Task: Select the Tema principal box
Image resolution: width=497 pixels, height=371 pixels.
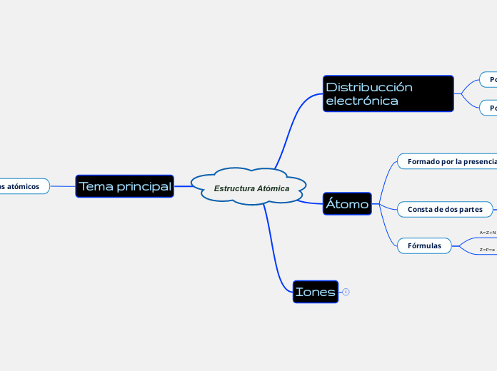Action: (125, 186)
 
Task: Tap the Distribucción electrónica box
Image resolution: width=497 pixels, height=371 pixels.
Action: (388, 93)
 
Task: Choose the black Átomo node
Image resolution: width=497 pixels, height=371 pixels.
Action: (347, 204)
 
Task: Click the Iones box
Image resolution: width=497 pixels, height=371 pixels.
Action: (315, 291)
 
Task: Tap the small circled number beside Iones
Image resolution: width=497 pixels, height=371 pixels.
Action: (346, 291)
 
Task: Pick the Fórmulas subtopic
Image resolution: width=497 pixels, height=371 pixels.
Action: (424, 246)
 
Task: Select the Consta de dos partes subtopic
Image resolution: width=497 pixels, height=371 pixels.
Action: (446, 209)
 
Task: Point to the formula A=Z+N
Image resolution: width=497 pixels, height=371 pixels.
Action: (488, 233)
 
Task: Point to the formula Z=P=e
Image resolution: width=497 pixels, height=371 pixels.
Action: (488, 250)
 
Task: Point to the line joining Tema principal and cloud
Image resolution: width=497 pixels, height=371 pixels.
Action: (183, 186)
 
